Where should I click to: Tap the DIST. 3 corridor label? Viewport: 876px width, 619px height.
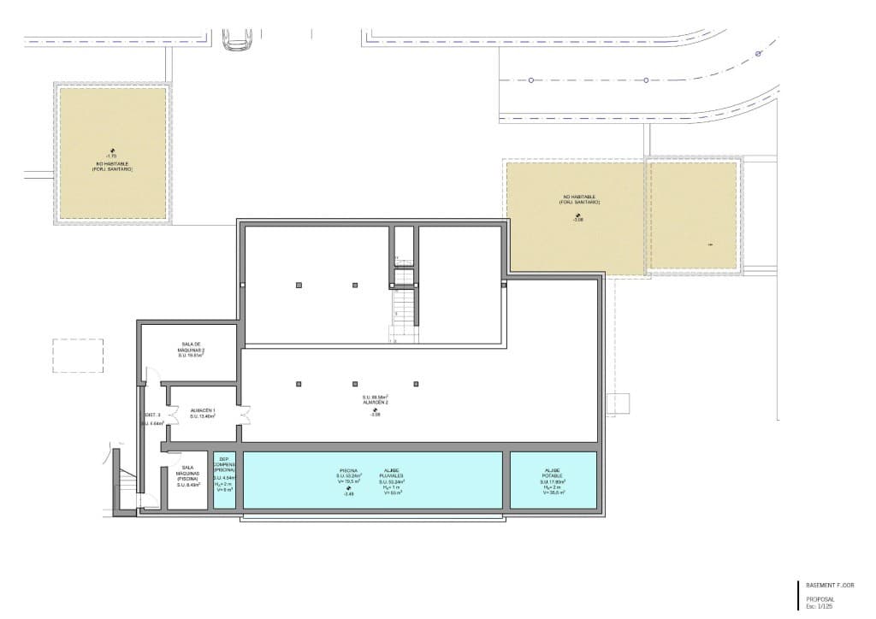coord(153,416)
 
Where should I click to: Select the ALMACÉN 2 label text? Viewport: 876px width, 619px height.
coord(375,402)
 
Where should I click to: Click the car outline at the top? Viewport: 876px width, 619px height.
coord(237,39)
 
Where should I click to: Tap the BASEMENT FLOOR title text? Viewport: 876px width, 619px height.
coord(830,585)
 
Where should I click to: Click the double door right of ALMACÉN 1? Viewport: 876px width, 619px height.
coord(246,414)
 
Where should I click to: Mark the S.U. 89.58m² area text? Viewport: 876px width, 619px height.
coord(375,397)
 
